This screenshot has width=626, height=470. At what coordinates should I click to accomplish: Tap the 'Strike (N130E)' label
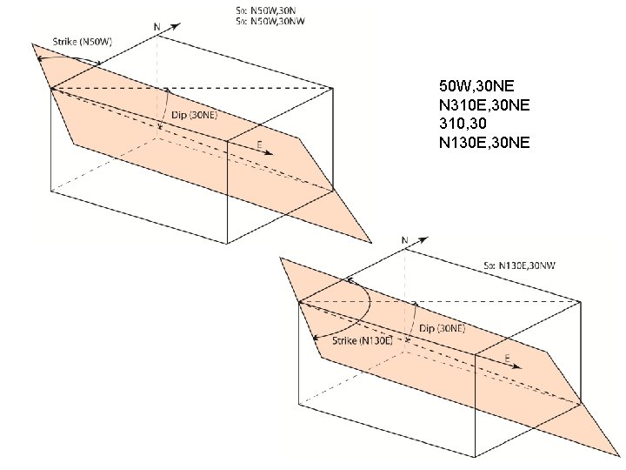[363, 340]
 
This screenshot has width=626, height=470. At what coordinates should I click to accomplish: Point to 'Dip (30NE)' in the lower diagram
[442, 328]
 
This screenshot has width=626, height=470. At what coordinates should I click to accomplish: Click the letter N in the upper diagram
[156, 27]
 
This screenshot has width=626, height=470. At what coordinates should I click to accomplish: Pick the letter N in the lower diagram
[404, 239]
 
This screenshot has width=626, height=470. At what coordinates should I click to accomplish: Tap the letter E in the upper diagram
[259, 143]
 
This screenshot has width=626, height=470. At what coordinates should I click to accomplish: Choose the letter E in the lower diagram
[507, 357]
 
